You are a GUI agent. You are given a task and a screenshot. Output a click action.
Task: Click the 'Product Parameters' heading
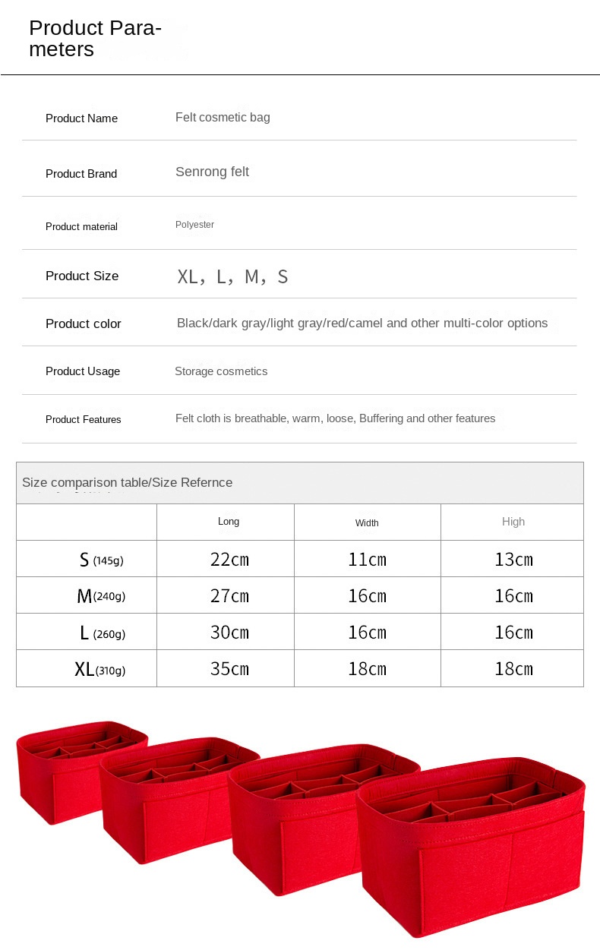[95, 39]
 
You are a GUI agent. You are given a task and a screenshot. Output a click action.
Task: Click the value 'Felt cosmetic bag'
[223, 117]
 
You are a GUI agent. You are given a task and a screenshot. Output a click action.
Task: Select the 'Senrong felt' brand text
[212, 172]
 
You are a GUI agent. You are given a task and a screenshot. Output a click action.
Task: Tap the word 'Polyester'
[194, 225]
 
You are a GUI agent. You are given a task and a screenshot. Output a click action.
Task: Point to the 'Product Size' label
[82, 276]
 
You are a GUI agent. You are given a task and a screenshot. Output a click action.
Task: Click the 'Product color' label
[84, 324]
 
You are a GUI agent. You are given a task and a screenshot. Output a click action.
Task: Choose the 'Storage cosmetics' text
[221, 371]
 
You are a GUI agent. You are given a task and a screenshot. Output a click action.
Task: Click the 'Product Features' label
[84, 419]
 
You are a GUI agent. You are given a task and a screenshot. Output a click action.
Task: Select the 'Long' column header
[229, 522]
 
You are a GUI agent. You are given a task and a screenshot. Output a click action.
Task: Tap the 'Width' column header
[367, 522]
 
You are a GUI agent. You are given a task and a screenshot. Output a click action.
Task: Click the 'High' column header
[513, 522]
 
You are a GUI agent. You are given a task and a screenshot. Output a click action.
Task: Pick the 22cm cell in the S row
[229, 560]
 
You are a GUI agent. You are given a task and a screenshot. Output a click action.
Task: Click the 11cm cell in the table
[367, 560]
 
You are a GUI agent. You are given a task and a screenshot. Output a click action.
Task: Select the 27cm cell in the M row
[229, 596]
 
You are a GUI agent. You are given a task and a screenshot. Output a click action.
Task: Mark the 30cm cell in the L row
[229, 633]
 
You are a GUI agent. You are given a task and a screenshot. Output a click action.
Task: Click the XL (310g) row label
[99, 669]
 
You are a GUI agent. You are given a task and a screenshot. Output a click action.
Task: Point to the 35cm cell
[229, 669]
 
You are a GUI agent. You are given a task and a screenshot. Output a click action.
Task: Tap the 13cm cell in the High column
[513, 560]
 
